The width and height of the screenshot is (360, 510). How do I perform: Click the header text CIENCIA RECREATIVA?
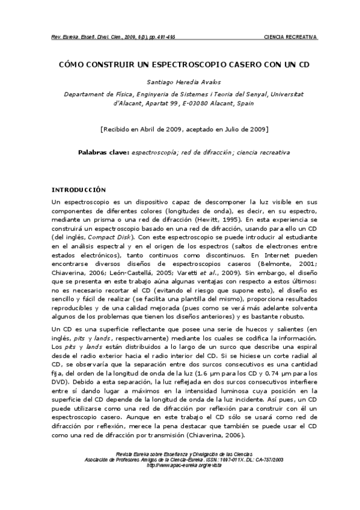(x=291, y=37)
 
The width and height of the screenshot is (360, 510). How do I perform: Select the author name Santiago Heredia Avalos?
(x=180, y=82)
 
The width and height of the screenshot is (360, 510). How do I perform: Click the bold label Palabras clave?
(x=103, y=152)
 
